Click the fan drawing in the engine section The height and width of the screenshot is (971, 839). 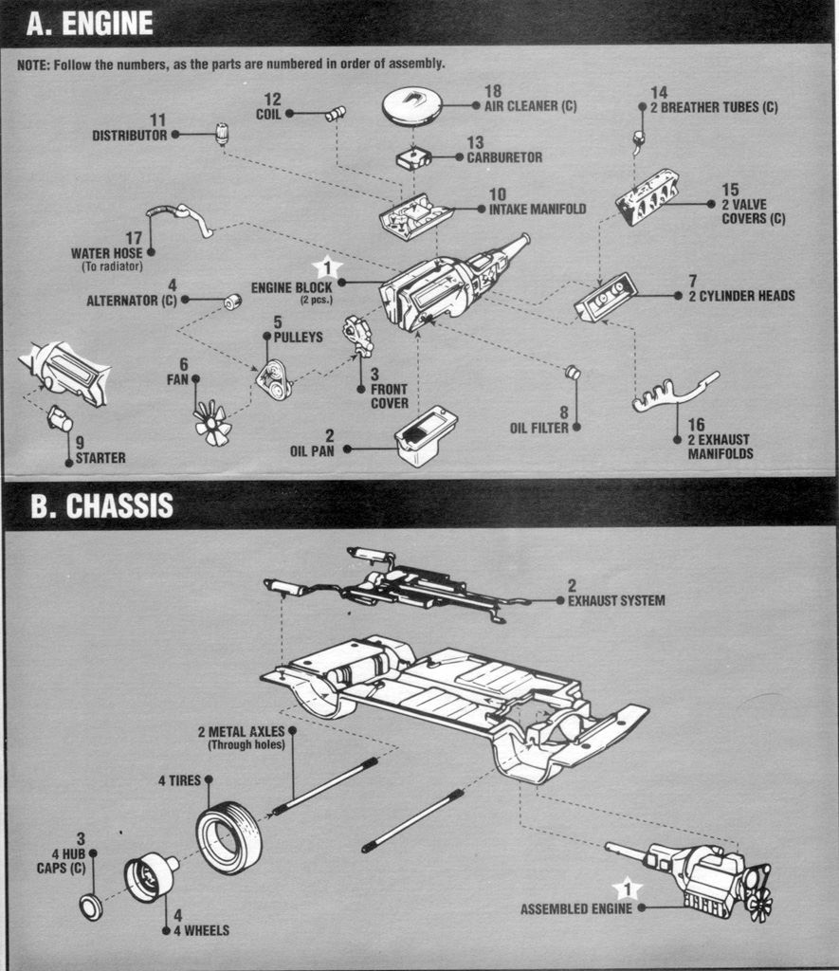tap(212, 422)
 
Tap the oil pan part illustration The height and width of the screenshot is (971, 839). tap(427, 435)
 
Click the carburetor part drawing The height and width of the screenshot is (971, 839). tap(413, 158)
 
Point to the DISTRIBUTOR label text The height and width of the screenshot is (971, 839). tap(129, 136)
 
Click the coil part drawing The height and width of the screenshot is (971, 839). tap(335, 114)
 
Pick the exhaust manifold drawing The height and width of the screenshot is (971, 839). tap(674, 394)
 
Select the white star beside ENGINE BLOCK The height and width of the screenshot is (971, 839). tap(327, 268)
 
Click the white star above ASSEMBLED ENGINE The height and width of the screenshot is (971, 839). tap(625, 889)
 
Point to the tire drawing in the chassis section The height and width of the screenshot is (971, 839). tap(229, 837)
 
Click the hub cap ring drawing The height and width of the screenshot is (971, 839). tap(91, 907)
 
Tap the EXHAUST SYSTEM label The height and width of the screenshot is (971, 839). tap(615, 600)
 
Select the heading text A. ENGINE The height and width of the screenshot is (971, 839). tap(90, 24)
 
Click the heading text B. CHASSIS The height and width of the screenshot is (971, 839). tap(101, 506)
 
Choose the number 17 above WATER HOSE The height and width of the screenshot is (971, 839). tap(133, 238)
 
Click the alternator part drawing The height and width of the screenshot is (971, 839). tap(231, 302)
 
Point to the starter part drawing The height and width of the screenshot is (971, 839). tap(60, 418)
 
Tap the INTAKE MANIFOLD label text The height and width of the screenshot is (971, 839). tap(537, 209)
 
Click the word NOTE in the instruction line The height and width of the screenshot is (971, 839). tap(33, 64)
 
